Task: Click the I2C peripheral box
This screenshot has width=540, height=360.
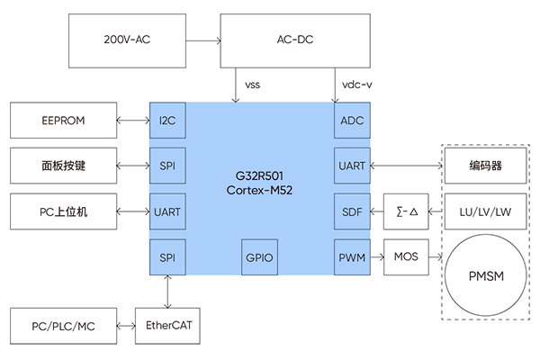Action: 166,121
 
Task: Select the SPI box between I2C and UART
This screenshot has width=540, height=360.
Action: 166,166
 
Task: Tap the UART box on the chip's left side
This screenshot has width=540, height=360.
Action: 166,212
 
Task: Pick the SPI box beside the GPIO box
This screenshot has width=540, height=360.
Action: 166,257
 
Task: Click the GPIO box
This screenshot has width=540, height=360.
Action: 259,257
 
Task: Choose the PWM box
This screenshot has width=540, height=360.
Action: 350,257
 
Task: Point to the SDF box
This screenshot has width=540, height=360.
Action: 350,212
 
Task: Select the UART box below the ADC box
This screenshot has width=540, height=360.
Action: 350,166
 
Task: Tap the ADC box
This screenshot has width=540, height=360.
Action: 350,121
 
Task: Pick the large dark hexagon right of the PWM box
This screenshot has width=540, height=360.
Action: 485,274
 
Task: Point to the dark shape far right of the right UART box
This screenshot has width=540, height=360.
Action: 484,166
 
